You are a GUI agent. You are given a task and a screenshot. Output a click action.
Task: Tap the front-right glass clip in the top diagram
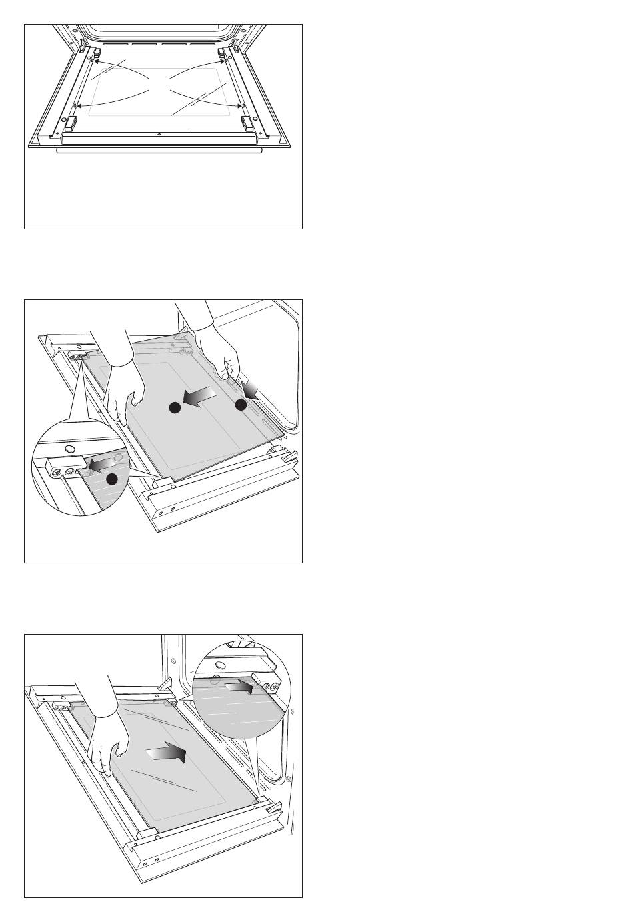[247, 122]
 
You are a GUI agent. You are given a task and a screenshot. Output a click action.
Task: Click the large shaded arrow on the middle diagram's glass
[201, 398]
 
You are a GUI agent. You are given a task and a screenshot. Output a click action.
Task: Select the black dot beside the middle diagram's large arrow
[174, 408]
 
